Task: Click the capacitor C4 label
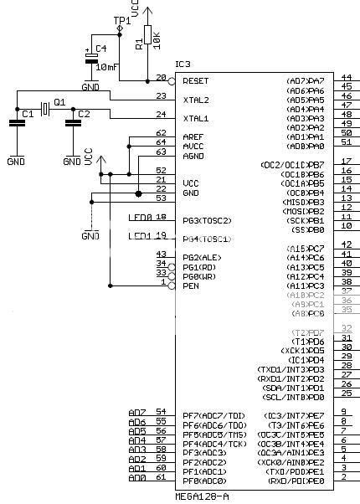pos(100,49)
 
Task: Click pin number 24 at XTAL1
pos(162,114)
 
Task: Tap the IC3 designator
pos(183,64)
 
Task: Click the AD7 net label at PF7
pos(137,413)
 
